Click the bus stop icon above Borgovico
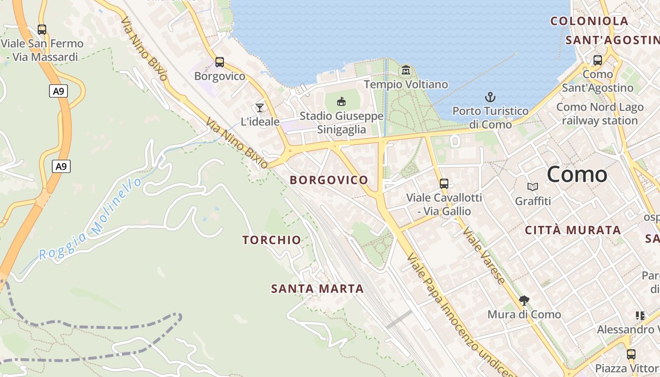[x=219, y=62]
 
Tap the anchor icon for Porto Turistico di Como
[x=490, y=98]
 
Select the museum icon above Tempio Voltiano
[x=405, y=71]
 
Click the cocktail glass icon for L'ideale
[x=259, y=108]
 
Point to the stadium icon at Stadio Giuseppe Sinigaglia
[x=341, y=101]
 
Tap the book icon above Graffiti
[x=533, y=187]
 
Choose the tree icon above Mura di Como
[x=524, y=301]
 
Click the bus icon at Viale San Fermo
[x=42, y=29]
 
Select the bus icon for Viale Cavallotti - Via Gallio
[x=444, y=184]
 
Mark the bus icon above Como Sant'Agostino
[x=597, y=60]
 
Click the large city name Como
[x=577, y=174]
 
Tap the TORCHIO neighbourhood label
[x=272, y=240]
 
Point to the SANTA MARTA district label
[x=317, y=288]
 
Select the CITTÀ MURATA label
[x=573, y=230]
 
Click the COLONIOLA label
[x=589, y=21]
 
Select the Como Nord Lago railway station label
[x=600, y=114]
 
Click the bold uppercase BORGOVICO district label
[x=329, y=180]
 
